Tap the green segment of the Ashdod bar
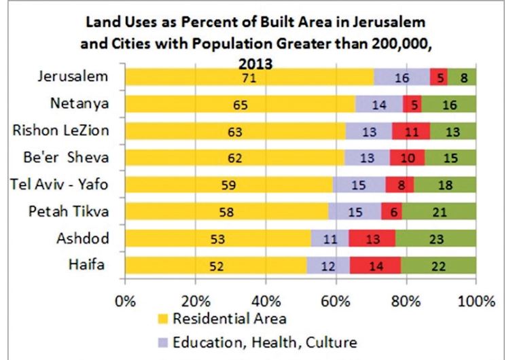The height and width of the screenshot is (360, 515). point(436,239)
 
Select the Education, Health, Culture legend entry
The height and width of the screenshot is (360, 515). point(257,341)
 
